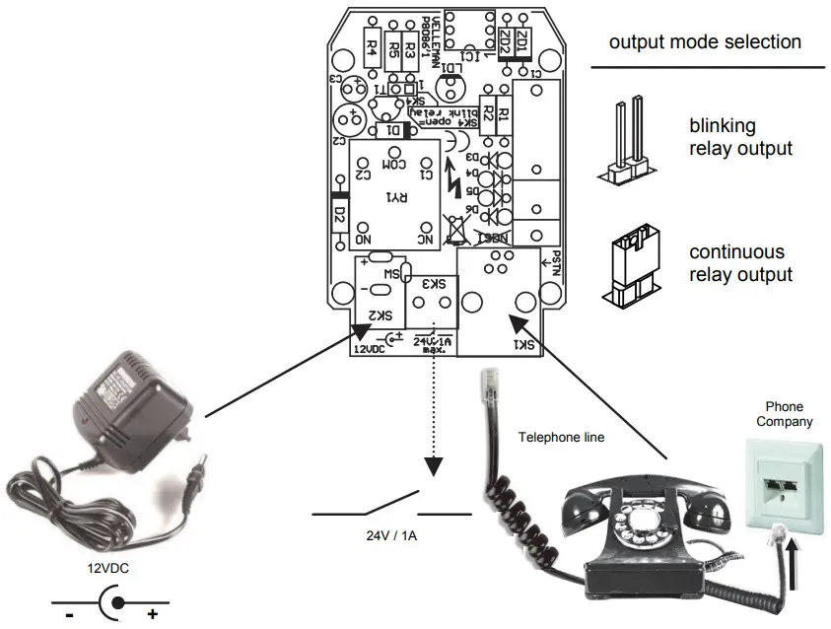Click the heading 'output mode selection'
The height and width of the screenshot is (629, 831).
705,42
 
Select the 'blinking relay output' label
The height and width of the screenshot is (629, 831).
740,137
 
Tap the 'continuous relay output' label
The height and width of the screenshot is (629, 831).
740,263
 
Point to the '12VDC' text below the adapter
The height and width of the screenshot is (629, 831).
108,569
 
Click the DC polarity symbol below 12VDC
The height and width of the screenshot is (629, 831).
110,601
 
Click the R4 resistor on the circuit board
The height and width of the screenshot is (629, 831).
372,45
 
